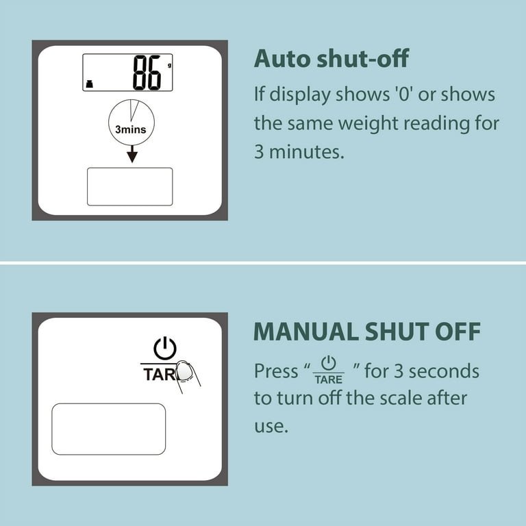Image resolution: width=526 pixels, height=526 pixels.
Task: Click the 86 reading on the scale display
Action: click(147, 73)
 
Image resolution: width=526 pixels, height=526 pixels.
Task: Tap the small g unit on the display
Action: click(169, 66)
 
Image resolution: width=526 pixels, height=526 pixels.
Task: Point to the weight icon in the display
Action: click(89, 84)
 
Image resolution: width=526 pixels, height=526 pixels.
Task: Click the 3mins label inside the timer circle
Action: click(131, 129)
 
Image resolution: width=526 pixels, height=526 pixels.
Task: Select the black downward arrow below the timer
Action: click(132, 154)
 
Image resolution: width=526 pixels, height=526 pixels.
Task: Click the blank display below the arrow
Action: click(130, 186)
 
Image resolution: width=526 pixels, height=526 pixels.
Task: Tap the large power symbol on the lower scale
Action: click(165, 349)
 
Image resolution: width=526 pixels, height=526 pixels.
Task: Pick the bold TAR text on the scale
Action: click(160, 375)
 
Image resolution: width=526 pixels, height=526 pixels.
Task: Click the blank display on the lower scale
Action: click(108, 429)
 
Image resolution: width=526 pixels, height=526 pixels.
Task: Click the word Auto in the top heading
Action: click(282, 59)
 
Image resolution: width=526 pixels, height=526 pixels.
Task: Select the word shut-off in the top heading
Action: click(362, 58)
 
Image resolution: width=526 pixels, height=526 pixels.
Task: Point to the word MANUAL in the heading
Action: click(306, 331)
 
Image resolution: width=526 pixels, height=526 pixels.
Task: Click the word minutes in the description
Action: click(307, 151)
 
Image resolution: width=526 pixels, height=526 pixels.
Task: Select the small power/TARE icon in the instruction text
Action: click(329, 370)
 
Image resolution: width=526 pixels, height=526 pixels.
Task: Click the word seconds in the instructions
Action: click(444, 371)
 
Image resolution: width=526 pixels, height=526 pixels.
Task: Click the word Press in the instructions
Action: click(276, 371)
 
